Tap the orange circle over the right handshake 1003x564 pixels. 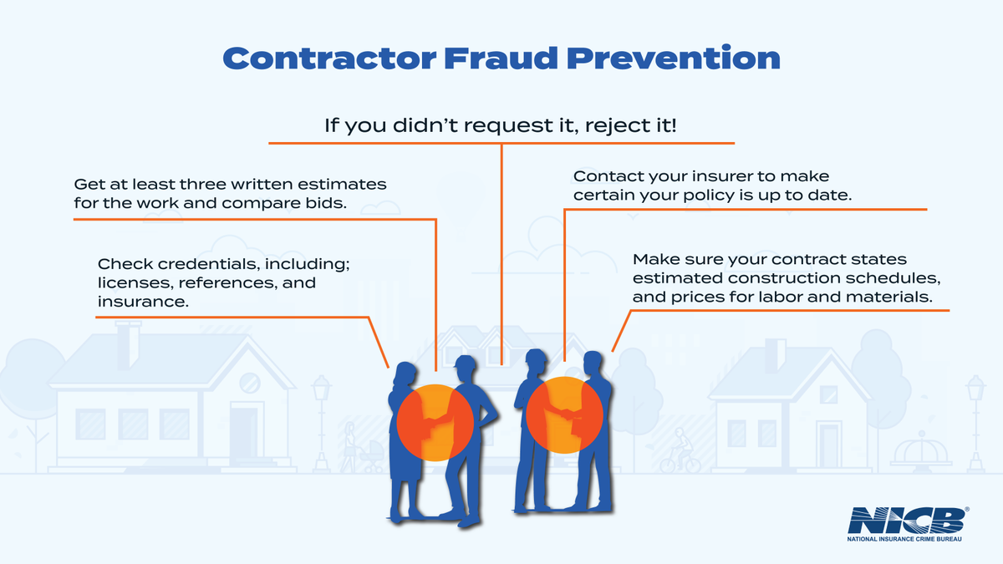click(565, 413)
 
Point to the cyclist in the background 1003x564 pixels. click(676, 451)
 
